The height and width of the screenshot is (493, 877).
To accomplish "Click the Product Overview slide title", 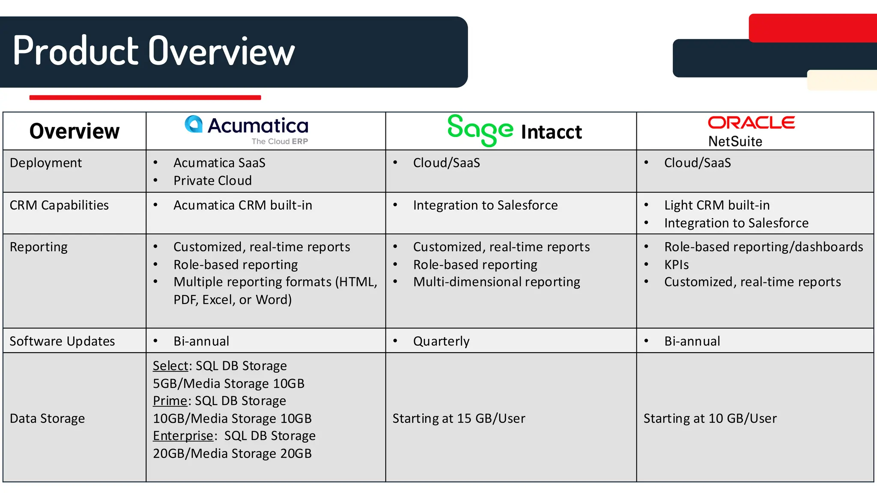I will pyautogui.click(x=154, y=51).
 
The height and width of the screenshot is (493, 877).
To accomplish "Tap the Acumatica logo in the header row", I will pyautogui.click(x=247, y=129).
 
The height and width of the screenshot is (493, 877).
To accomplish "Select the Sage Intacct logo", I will pyautogui.click(x=514, y=131).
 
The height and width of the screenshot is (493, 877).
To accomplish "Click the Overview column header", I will pyautogui.click(x=75, y=131).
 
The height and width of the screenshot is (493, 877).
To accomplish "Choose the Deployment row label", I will pyautogui.click(x=46, y=163).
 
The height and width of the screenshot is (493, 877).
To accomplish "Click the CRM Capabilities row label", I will pyautogui.click(x=59, y=205).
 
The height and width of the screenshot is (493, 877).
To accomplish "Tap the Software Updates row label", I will pyautogui.click(x=62, y=341).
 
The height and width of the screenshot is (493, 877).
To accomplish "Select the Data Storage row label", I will pyautogui.click(x=47, y=418).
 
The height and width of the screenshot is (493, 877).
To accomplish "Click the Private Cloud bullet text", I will pyautogui.click(x=212, y=181).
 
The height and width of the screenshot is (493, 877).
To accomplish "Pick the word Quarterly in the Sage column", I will pyautogui.click(x=441, y=341).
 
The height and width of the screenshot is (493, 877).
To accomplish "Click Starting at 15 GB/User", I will pyautogui.click(x=459, y=418).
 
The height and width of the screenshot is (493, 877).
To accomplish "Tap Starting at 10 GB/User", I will pyautogui.click(x=710, y=418).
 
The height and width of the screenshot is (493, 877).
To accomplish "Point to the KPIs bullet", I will pyautogui.click(x=676, y=265).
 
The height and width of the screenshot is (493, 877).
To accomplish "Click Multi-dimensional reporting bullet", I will pyautogui.click(x=496, y=282).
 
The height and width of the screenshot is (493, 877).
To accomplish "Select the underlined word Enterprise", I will pyautogui.click(x=183, y=436).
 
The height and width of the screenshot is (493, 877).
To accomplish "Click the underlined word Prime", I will pyautogui.click(x=170, y=401).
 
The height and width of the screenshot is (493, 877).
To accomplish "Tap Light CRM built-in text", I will pyautogui.click(x=717, y=205).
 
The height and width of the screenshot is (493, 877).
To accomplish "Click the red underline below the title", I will pyautogui.click(x=145, y=98).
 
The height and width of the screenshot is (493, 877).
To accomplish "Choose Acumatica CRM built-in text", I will pyautogui.click(x=242, y=205).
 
